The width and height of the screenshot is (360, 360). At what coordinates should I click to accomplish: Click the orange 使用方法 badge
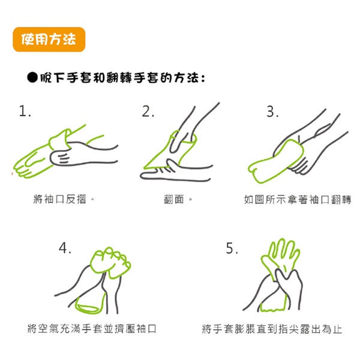coord(49,39)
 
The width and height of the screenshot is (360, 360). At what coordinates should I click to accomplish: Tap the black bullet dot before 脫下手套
coord(32,77)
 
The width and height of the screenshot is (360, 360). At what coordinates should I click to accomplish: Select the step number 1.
coord(25,111)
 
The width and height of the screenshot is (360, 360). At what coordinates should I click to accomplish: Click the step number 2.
coord(148,111)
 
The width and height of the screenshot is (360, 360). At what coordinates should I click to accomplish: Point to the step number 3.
coord(272,112)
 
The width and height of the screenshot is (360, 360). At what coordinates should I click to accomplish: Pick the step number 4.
coord(65,248)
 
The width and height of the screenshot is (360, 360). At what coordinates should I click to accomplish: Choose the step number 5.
coord(232,248)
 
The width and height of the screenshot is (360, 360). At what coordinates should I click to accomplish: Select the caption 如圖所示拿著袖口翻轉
coord(298,199)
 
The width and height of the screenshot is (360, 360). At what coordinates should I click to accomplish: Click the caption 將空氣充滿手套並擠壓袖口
coord(92,328)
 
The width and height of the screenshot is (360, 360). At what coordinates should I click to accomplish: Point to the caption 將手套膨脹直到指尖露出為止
coord(272,329)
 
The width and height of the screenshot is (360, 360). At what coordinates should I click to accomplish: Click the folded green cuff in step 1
coord(59,140)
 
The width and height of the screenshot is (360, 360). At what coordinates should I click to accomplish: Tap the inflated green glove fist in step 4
coord(110,262)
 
